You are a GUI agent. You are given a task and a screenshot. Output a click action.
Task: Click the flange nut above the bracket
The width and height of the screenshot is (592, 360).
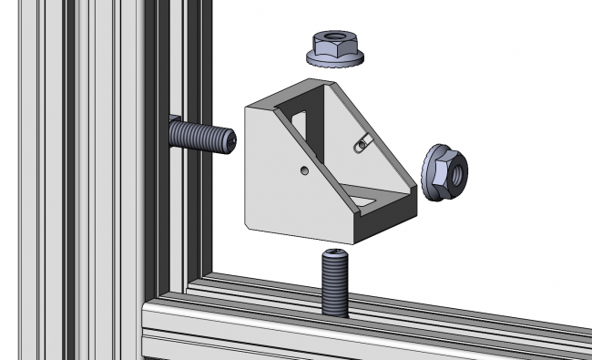[x=337, y=48]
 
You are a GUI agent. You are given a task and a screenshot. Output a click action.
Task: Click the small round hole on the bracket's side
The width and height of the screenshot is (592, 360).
[x=302, y=170]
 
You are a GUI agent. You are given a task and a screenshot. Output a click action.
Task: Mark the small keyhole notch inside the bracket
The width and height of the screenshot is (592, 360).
[x=362, y=142]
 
